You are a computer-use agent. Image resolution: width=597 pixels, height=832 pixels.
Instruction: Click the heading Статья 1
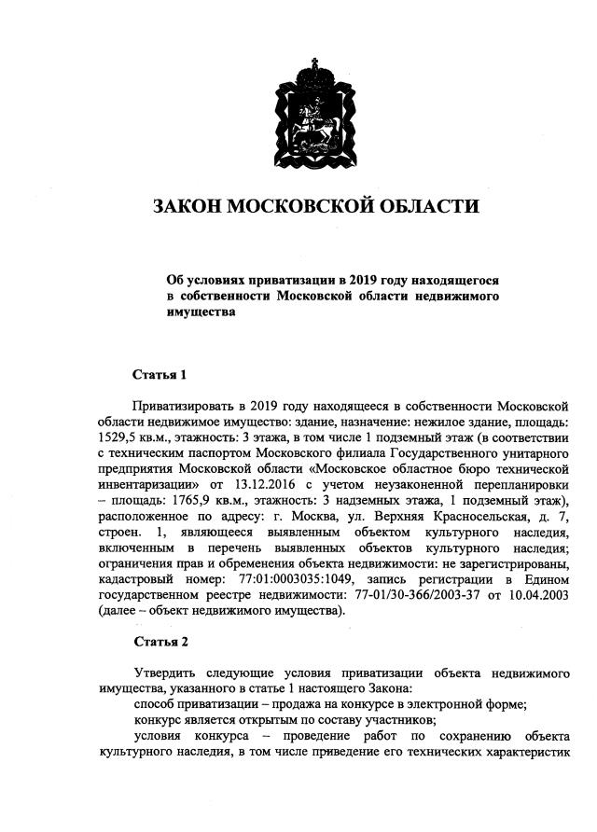(x=160, y=375)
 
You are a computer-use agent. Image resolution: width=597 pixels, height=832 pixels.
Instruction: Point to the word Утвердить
(x=164, y=673)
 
